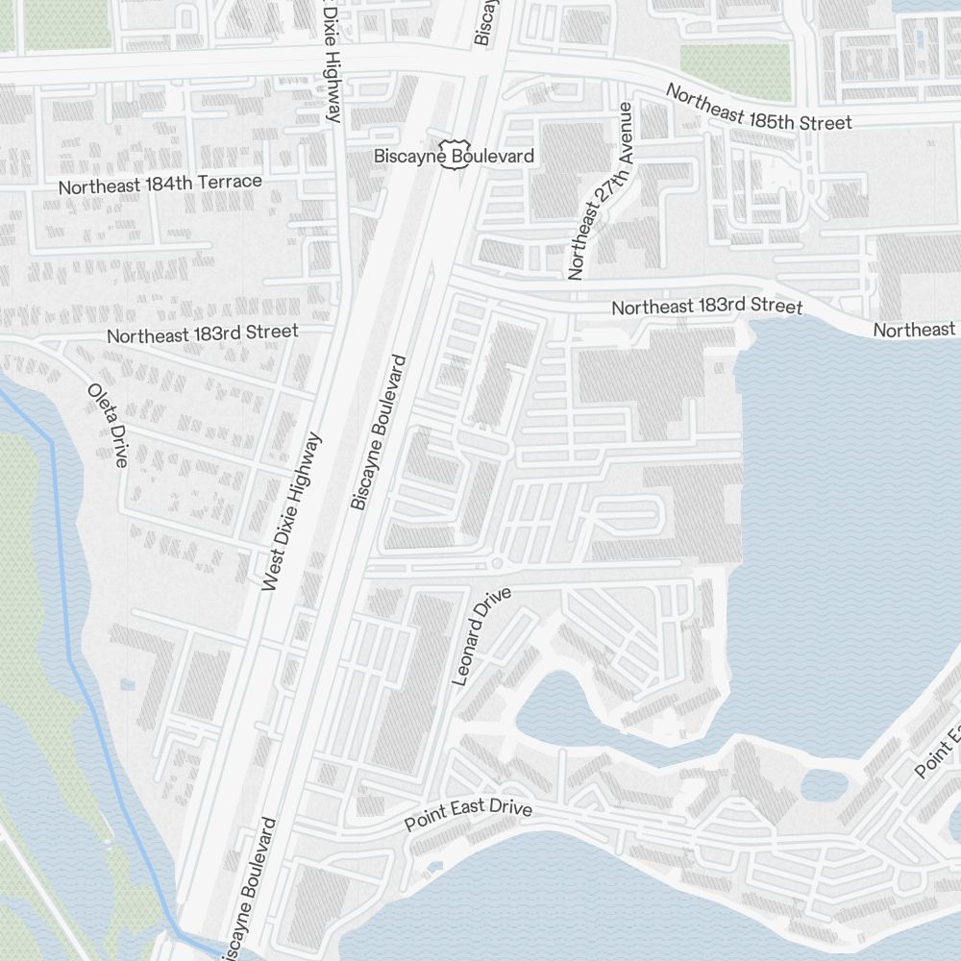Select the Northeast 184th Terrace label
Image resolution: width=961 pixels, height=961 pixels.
click(160, 184)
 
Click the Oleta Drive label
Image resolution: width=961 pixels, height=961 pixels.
click(108, 425)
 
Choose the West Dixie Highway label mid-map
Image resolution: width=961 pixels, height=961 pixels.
click(290, 510)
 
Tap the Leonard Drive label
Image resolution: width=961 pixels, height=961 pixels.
click(481, 636)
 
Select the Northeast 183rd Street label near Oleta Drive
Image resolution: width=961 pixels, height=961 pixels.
click(202, 333)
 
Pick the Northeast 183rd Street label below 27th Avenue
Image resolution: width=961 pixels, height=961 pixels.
click(706, 307)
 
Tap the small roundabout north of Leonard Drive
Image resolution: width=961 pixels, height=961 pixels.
click(497, 562)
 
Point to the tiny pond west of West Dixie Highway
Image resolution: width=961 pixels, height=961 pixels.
click(128, 684)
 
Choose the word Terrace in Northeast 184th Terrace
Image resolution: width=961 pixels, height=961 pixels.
click(232, 181)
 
